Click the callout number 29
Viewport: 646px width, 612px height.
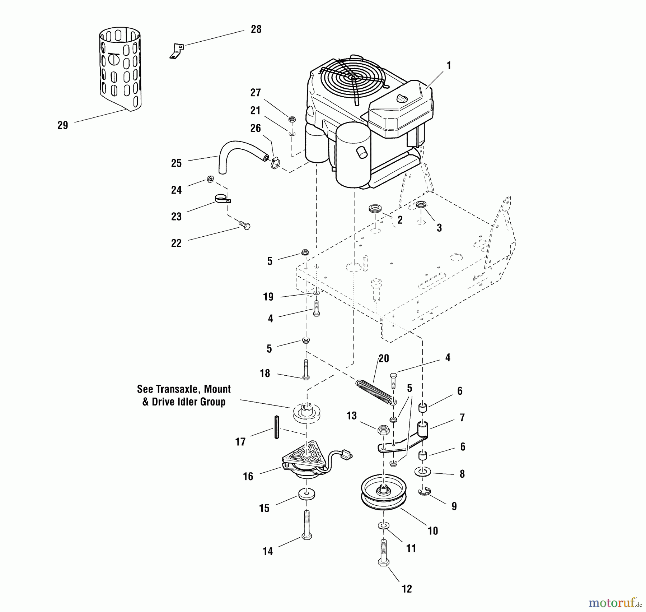pyautogui.click(x=62, y=125)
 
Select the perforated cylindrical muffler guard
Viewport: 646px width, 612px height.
pyautogui.click(x=120, y=68)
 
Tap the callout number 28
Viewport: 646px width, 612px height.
pyautogui.click(x=256, y=29)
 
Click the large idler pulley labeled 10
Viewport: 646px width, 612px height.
pyautogui.click(x=384, y=492)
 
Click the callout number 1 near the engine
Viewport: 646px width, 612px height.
pyautogui.click(x=448, y=66)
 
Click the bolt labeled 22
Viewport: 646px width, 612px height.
pyautogui.click(x=245, y=226)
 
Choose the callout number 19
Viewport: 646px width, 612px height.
pyautogui.click(x=268, y=297)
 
